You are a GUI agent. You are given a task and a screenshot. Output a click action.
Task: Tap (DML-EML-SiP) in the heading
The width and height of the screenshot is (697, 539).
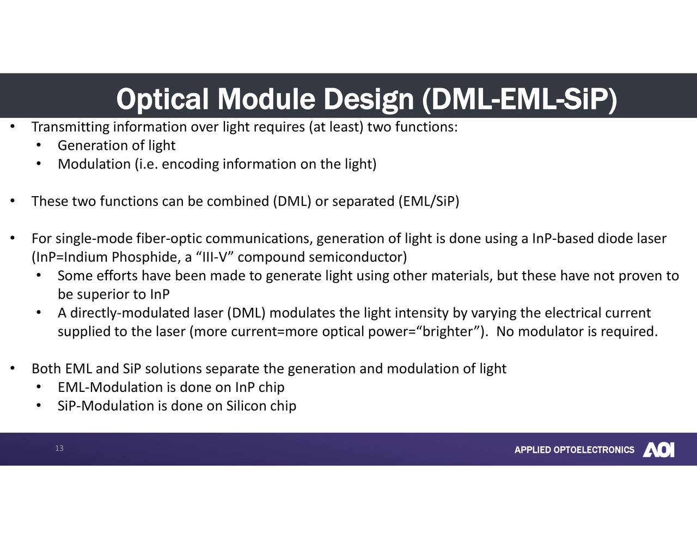coord(519,100)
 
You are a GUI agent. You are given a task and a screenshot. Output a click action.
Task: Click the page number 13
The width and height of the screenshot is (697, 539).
coord(59,449)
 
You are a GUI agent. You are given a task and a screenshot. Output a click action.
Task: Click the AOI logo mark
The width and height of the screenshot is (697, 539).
coord(658,450)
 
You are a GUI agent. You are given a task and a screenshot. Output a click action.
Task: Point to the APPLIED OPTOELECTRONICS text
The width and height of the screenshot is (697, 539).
coord(574,450)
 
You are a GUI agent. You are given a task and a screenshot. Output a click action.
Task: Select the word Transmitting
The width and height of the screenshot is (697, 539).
coord(70,128)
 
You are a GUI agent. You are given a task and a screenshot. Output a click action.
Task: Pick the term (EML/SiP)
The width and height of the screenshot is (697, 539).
coord(429,202)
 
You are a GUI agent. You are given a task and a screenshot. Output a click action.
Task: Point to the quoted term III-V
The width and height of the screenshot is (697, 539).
coord(214,257)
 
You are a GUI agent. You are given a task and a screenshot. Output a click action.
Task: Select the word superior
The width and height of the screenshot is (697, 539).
coord(102,295)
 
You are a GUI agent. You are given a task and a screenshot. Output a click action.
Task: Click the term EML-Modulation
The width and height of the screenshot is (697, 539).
coord(111,387)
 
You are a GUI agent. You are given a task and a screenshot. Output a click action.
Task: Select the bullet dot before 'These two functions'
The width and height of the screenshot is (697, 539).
coord(12,202)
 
